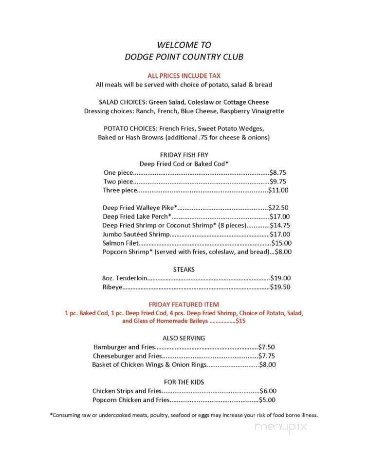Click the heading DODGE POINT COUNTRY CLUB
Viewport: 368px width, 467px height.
click(x=184, y=57)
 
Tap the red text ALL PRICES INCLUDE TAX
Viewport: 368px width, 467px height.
click(x=184, y=75)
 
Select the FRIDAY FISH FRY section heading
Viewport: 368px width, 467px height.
click(x=184, y=155)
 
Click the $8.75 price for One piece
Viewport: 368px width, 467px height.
click(x=278, y=173)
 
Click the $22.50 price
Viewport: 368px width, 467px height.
click(x=280, y=208)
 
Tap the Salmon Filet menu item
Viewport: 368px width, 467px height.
click(x=121, y=243)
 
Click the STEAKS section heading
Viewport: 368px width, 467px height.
click(x=184, y=269)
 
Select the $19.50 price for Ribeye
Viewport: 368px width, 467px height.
click(x=281, y=287)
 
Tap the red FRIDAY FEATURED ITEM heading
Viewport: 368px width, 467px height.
click(x=184, y=304)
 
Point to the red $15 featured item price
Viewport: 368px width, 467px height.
click(x=240, y=322)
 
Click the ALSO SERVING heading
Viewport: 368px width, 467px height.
click(x=184, y=338)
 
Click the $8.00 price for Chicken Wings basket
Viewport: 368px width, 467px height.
click(x=268, y=364)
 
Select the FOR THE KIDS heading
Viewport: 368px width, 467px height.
click(x=184, y=382)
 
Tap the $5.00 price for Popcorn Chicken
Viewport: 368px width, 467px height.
click(x=268, y=400)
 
